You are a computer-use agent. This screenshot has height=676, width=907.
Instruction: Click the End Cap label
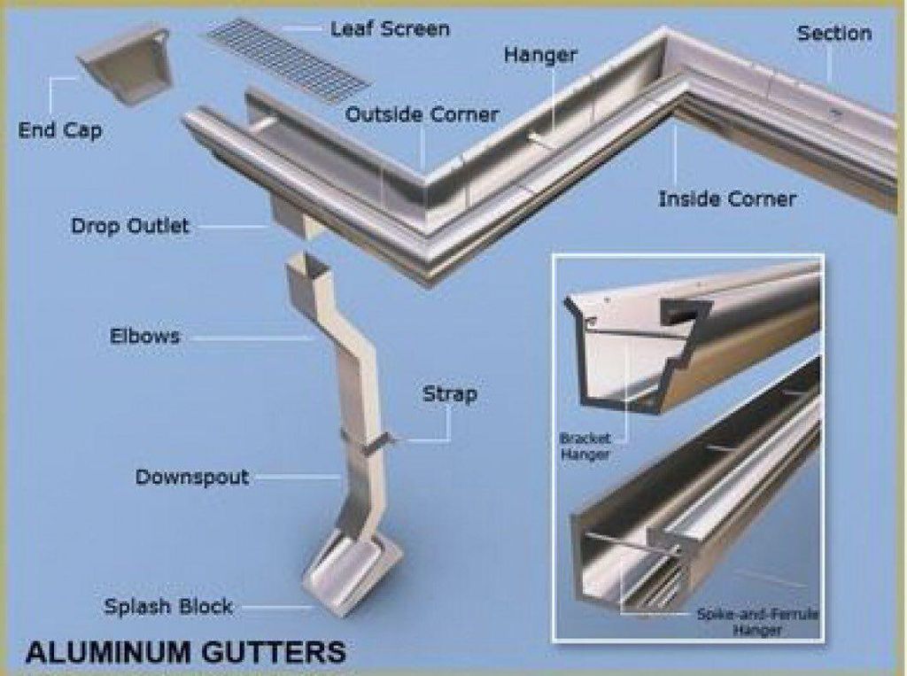(x=60, y=131)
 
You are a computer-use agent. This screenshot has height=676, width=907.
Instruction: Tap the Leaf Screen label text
(x=390, y=29)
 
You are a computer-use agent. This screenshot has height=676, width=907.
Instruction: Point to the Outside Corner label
(x=422, y=115)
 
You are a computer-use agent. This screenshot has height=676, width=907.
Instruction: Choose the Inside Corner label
(x=726, y=198)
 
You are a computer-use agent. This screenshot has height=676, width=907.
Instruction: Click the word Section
(x=833, y=34)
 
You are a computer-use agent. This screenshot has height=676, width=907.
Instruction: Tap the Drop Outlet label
(x=129, y=226)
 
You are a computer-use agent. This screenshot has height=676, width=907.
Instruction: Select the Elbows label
(x=144, y=337)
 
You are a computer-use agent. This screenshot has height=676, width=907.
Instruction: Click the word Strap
(x=449, y=393)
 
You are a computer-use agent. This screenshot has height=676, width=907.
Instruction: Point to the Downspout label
(x=191, y=478)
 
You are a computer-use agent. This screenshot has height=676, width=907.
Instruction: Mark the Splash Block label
(x=168, y=607)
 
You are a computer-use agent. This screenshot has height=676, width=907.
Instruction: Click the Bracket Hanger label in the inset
(x=585, y=446)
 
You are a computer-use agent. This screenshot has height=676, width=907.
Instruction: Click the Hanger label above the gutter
(x=540, y=56)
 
